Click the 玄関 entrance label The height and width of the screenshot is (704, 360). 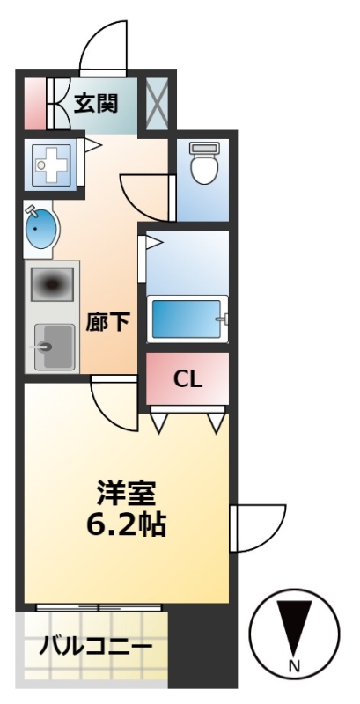[95, 104]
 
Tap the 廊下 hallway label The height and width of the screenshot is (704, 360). [108, 321]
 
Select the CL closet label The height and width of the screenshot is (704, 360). [188, 380]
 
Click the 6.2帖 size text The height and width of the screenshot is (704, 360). [126, 524]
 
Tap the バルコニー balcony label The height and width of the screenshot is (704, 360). [96, 648]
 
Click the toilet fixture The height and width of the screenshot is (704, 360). [204, 163]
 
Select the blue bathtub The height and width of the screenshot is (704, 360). [187, 319]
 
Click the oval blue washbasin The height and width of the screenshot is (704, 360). [41, 230]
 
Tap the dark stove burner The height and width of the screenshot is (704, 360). [52, 284]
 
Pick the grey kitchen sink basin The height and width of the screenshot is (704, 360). [55, 347]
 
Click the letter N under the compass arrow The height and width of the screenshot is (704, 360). [294, 666]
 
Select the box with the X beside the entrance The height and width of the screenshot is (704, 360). [157, 104]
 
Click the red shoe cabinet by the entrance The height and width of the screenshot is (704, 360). [34, 104]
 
